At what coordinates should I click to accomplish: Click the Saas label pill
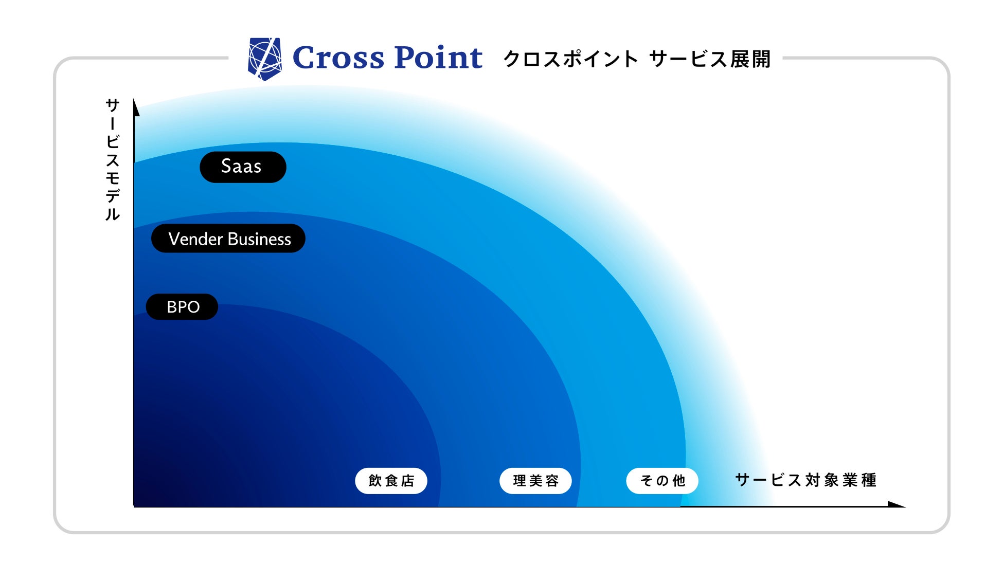[243, 167]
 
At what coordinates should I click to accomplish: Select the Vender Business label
[228, 238]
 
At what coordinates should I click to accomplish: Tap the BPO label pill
[182, 307]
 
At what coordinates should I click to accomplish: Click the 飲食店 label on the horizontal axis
[391, 481]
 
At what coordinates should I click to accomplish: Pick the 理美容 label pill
[535, 481]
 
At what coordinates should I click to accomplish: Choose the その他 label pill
[662, 481]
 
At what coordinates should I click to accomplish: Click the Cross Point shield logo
[264, 59]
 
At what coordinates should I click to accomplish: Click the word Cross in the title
[338, 57]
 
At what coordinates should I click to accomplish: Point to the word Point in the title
[438, 57]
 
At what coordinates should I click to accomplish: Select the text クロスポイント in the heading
[570, 59]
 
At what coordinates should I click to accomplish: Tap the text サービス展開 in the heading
[710, 59]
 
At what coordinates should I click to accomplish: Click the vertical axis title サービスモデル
[112, 159]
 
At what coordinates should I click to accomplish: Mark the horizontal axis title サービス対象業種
[806, 480]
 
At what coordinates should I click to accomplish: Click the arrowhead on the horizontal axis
[897, 504]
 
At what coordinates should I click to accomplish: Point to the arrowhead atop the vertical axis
[136, 107]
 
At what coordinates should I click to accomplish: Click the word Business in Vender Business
[259, 239]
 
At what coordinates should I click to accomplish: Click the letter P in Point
[406, 57]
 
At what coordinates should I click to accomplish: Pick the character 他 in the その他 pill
[679, 481]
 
